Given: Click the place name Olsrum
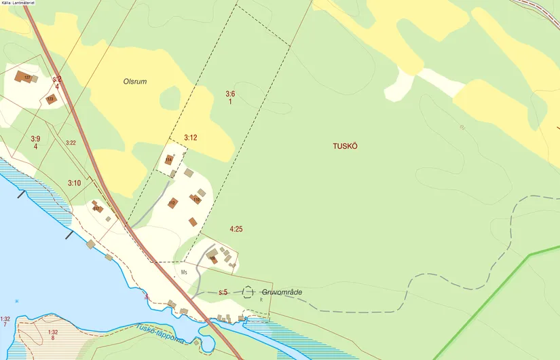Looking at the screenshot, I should pos(135,82).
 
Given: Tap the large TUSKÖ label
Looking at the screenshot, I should pos(344,145).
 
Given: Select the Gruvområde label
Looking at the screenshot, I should pos(281,292).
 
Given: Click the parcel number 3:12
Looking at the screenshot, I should pos(190,138).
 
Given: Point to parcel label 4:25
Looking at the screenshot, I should pos(236,230).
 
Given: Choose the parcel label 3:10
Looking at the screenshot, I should pos(75,183).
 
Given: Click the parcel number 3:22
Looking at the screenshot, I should pos(71,143).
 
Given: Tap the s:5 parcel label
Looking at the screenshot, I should pos(223,292).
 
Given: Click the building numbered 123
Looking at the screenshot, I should pos(50,99).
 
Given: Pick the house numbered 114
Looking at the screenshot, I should pos(168,160).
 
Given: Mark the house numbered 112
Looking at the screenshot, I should pos(172,202).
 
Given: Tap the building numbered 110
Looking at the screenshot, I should pos(196,199).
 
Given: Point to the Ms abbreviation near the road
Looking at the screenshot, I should pos(183,272).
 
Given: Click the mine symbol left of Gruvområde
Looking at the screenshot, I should pos(247,292).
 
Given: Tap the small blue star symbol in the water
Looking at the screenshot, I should pos(17,300).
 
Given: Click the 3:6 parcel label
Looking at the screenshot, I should pos(230,97).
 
